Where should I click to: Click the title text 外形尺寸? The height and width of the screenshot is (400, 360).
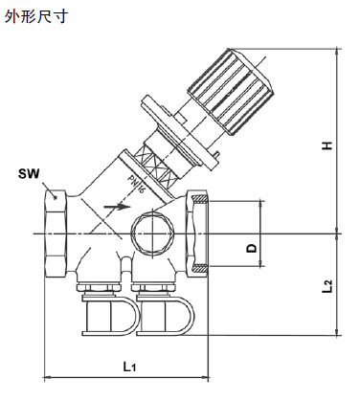pyautogui.click(x=35, y=16)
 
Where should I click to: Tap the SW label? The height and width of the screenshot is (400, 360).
pyautogui.click(x=29, y=174)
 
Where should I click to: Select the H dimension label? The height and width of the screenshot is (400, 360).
pyautogui.click(x=326, y=145)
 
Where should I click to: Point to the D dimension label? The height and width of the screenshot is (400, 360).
pyautogui.click(x=252, y=248)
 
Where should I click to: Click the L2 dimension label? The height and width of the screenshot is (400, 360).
pyautogui.click(x=327, y=286)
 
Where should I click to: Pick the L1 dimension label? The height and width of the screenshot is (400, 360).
pyautogui.click(x=130, y=367)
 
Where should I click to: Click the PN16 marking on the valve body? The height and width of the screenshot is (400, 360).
pyautogui.click(x=136, y=184)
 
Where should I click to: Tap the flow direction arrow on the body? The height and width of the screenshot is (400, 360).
pyautogui.click(x=117, y=207)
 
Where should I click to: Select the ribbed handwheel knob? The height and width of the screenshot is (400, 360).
pyautogui.click(x=230, y=91)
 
